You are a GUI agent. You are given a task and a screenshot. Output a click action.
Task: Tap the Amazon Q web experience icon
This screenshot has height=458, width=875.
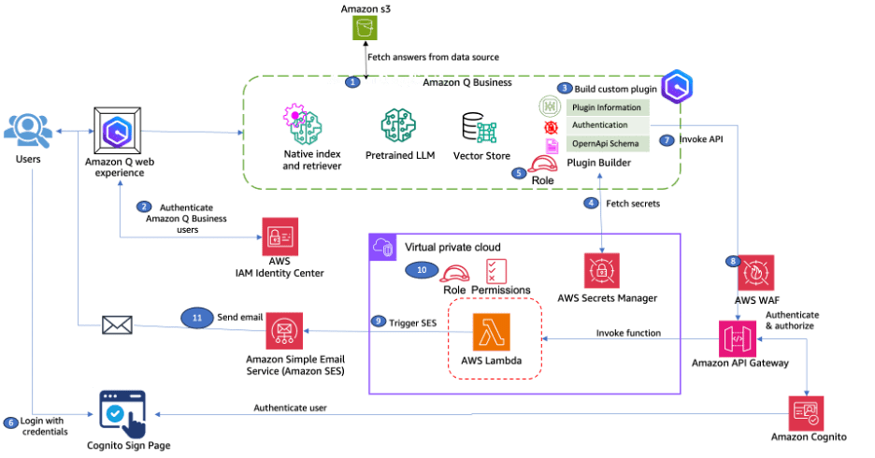(118, 131)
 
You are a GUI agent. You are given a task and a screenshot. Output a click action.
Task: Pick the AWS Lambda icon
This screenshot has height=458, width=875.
(492, 331)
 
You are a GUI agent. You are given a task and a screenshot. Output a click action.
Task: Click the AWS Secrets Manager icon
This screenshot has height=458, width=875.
(601, 271)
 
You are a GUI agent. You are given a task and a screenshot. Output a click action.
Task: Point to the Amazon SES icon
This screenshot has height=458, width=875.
(283, 330)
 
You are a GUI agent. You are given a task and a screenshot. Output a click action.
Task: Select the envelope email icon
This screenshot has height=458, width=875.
(116, 326)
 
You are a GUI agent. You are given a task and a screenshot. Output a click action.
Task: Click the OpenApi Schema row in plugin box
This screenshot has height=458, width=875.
(606, 142)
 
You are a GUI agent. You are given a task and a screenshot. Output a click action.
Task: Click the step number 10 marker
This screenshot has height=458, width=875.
(421, 269)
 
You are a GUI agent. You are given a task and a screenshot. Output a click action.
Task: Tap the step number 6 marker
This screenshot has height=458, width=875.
(11, 422)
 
